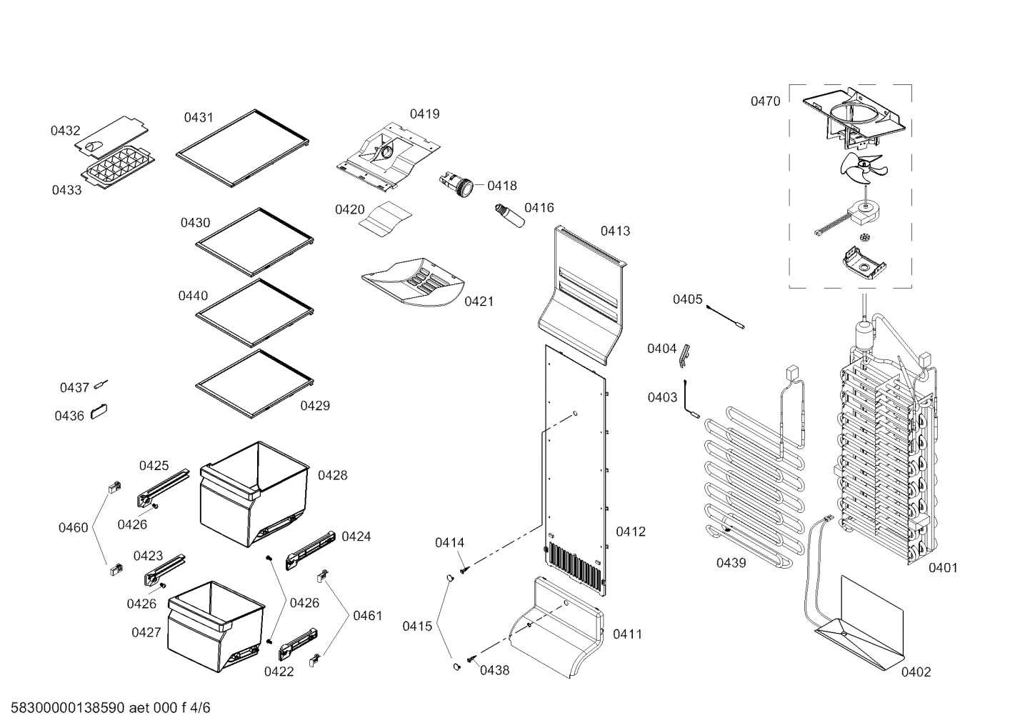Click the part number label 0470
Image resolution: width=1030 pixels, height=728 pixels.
coord(765,101)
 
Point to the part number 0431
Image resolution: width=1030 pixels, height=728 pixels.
coord(199,118)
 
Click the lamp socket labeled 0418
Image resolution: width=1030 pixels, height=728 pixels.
coord(457,184)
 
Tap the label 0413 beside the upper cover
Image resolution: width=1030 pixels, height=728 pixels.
coord(615,231)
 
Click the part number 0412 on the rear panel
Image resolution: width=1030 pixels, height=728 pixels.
coord(630,532)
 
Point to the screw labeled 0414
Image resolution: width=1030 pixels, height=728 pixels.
coord(464,569)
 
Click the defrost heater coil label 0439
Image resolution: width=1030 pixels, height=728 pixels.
coord(731,563)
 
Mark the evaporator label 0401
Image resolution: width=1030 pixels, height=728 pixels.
coord(943,568)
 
